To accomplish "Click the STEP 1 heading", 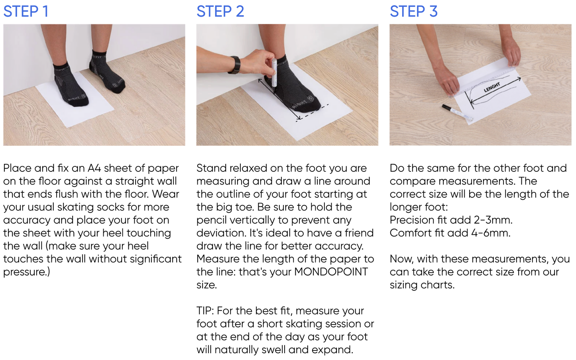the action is (x=26, y=12).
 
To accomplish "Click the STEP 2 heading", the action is (x=220, y=12).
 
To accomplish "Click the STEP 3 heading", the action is (x=413, y=12).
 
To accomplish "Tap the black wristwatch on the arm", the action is (x=235, y=65).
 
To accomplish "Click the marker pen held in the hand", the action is (x=274, y=75).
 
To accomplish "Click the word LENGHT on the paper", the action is (x=492, y=87).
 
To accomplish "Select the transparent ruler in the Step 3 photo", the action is (x=484, y=82).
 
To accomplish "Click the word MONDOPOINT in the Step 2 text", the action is (x=331, y=272).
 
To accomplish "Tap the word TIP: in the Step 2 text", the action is (x=205, y=311).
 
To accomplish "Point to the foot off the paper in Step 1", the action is (x=107, y=73).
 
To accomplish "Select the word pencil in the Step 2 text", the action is (x=211, y=220).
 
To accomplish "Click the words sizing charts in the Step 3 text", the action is (x=422, y=285).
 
